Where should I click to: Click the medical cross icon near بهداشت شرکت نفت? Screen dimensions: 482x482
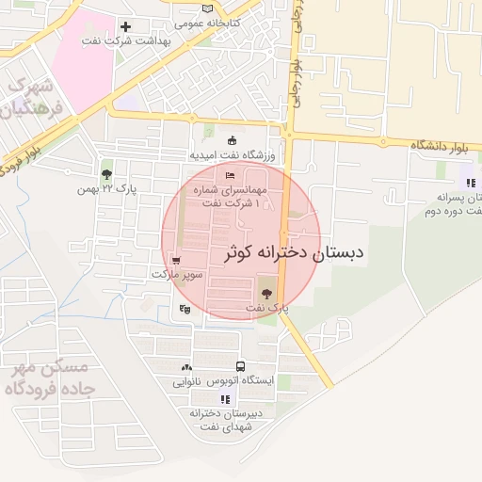pyautogui.click(x=125, y=25)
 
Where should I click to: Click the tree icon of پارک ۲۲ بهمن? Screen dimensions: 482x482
pyautogui.click(x=106, y=173)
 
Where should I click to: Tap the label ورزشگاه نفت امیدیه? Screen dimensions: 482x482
pyautogui.click(x=232, y=154)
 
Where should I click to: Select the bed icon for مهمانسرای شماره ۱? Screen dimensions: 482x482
pyautogui.click(x=229, y=175)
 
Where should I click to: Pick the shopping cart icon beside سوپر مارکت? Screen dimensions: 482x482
pyautogui.click(x=177, y=259)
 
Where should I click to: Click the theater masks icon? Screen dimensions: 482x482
pyautogui.click(x=184, y=307)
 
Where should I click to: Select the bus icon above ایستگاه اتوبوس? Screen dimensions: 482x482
pyautogui.click(x=241, y=365)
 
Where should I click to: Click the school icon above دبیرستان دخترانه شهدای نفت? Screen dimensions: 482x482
pyautogui.click(x=225, y=399)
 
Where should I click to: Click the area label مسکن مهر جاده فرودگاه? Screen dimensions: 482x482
pyautogui.click(x=46, y=378)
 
